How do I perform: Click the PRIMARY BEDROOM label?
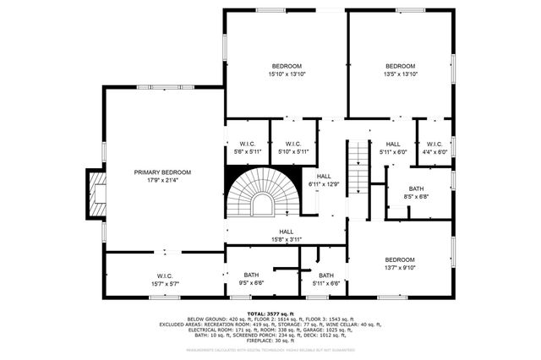point(162,172)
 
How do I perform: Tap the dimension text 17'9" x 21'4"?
point(162,179)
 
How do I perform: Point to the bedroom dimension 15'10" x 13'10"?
point(287,74)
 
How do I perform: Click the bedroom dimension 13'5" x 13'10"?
point(401,74)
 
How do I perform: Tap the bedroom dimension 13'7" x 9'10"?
point(400,268)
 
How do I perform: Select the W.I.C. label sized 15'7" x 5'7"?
point(164,275)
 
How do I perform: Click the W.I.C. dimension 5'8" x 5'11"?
point(248,151)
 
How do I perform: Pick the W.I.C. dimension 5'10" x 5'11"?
point(293,151)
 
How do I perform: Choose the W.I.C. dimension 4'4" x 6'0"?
point(434,151)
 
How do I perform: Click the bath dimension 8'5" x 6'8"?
point(417,197)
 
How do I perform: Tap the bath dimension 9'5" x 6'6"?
point(251,283)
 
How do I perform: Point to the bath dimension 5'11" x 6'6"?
point(326,283)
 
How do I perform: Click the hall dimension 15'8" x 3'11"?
point(287,239)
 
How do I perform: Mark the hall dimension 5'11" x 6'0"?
point(393,152)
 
